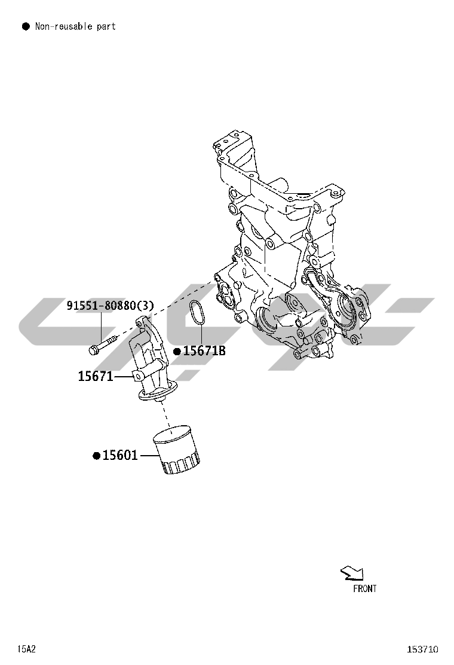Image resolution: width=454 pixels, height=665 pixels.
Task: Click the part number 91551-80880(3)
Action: tap(110, 306)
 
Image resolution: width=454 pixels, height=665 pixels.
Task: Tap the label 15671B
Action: tap(204, 350)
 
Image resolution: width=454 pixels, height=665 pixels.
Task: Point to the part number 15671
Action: tap(96, 376)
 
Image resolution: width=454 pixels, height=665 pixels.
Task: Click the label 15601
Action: tap(120, 456)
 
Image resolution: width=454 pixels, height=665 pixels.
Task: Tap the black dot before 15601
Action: tap(97, 456)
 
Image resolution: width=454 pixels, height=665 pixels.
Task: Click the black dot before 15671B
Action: tap(177, 351)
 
